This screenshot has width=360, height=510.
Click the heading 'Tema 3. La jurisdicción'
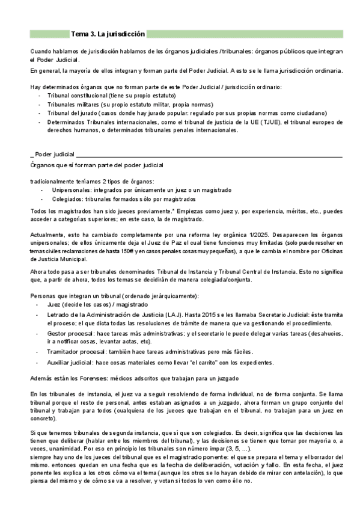[108, 34]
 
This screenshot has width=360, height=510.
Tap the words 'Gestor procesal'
[73, 333]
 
